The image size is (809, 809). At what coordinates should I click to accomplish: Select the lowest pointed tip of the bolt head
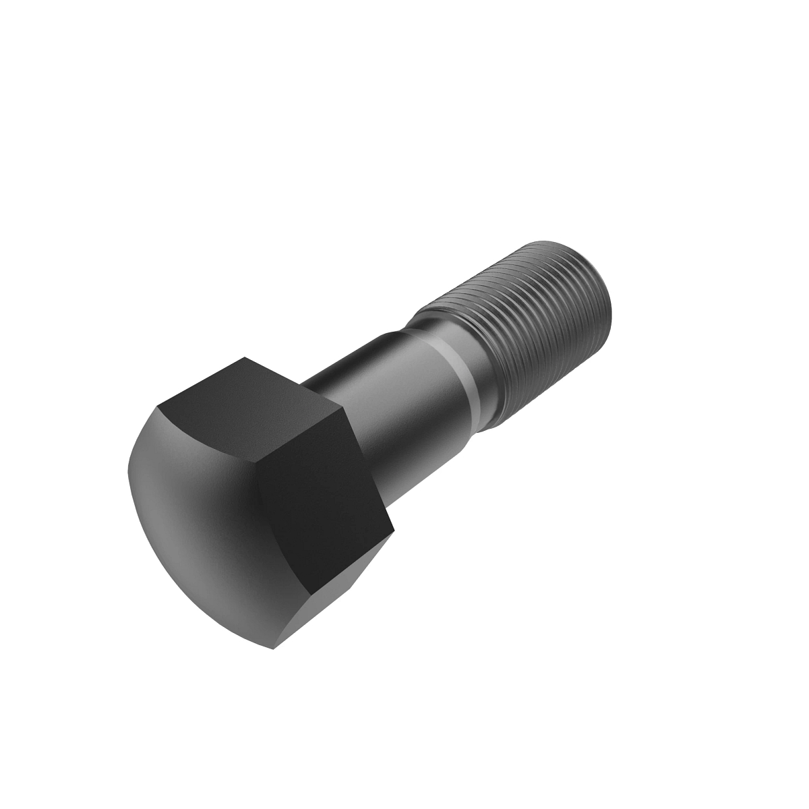click(x=274, y=649)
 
